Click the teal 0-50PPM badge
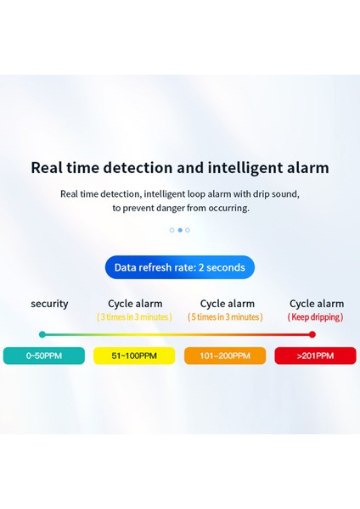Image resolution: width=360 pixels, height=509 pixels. (44, 355)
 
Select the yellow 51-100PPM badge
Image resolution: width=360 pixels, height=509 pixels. (134, 355)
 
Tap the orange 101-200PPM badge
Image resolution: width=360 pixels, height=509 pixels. (225, 355)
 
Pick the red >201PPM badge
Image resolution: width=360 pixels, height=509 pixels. (315, 355)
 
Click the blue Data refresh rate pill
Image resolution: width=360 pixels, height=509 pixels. (180, 267)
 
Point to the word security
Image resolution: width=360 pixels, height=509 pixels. (49, 304)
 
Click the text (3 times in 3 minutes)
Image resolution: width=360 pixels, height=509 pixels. (134, 317)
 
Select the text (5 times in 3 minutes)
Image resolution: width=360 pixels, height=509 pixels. (225, 317)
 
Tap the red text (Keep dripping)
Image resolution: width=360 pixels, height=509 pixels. (315, 317)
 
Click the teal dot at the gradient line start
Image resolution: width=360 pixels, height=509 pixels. (42, 334)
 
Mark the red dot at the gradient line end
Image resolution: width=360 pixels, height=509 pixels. (312, 334)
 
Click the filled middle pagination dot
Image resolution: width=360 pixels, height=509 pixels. (180, 230)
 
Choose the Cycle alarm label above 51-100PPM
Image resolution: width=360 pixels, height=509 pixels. (135, 304)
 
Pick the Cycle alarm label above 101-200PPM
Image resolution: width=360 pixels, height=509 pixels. (228, 304)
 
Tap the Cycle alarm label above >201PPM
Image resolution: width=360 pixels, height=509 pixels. (317, 304)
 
